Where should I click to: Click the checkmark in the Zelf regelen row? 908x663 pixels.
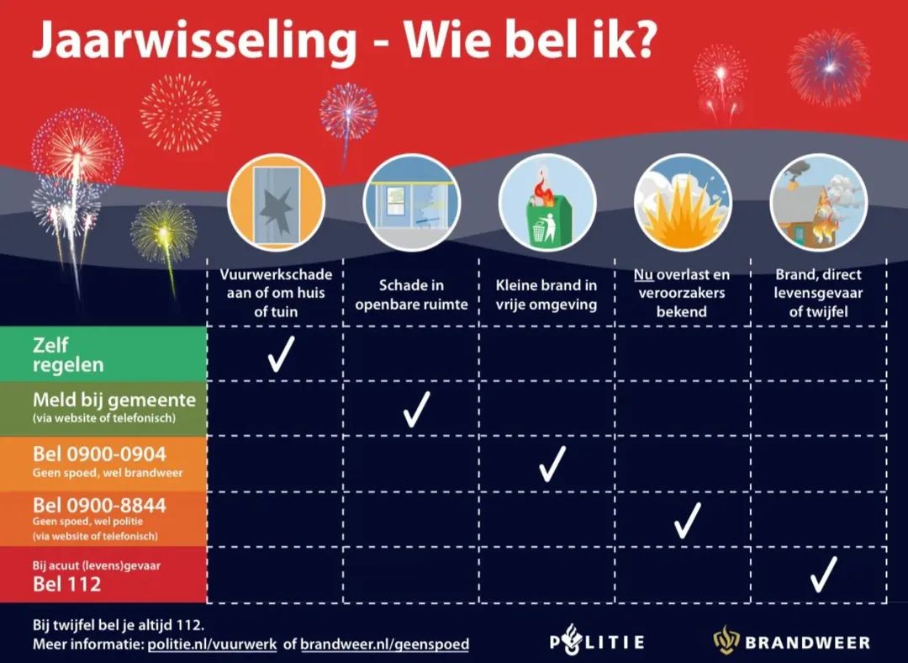coord(280,354)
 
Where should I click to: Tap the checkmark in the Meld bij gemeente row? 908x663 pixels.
coord(416,409)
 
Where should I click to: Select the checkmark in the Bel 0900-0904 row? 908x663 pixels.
coord(552,464)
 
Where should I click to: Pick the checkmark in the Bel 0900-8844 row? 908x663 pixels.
coord(687,519)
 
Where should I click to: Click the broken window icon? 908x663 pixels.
coord(276,202)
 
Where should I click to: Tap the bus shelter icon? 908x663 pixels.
coord(412,202)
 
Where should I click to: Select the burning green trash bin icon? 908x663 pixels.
coord(547,202)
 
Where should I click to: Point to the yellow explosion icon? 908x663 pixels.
coord(683,202)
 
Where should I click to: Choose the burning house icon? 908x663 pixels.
coord(818,202)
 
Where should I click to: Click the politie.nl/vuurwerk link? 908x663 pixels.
coord(213,644)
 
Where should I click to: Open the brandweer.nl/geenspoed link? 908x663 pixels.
coord(384,644)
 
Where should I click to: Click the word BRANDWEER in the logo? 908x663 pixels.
coord(808,643)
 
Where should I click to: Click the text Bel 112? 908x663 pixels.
coord(66,584)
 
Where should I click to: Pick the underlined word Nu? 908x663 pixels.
coord(643,275)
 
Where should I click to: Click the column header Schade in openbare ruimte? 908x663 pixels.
coord(411,294)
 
